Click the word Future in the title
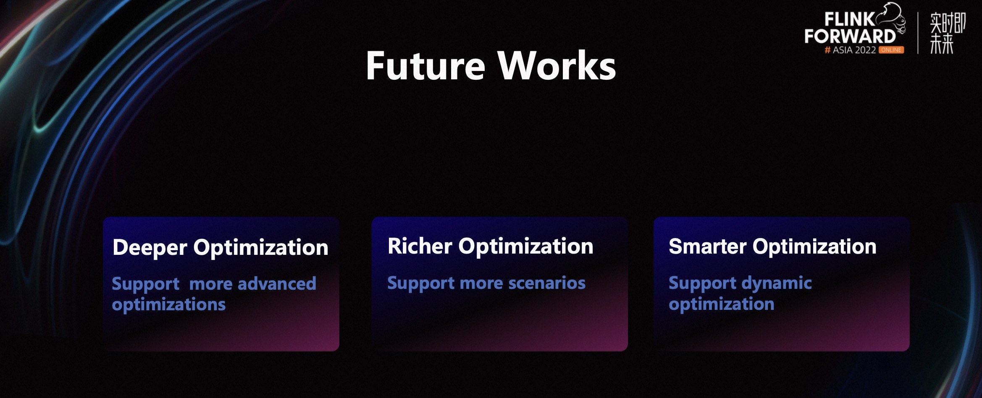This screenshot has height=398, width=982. click(x=425, y=65)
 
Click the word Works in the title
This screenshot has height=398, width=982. click(x=557, y=65)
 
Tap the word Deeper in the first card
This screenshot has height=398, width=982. click(x=150, y=248)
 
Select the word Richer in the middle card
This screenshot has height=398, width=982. click(x=420, y=246)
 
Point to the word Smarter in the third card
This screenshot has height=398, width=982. click(x=708, y=246)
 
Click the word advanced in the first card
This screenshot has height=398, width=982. click(x=277, y=284)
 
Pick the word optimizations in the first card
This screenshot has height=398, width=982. click(x=169, y=305)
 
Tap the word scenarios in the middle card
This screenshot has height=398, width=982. click(x=547, y=283)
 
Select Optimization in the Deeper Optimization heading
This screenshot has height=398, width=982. click(x=261, y=248)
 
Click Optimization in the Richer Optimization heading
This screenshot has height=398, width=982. click(x=526, y=246)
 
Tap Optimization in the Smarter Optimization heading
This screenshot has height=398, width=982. click(x=814, y=247)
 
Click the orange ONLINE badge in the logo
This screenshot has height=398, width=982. click(x=891, y=50)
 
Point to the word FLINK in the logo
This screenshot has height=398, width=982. click(x=849, y=19)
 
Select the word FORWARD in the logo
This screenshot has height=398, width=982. click(x=850, y=37)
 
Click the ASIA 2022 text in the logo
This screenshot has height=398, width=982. click(x=854, y=50)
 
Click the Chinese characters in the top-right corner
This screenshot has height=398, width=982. click(x=948, y=33)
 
